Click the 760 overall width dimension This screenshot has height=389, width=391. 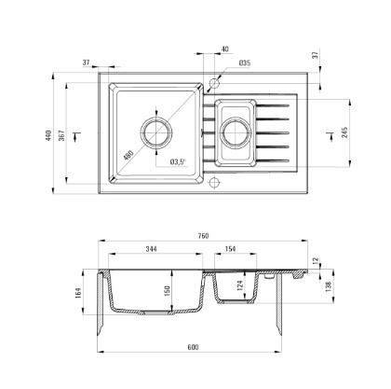[x=203, y=236]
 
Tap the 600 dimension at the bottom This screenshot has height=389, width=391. [x=193, y=347]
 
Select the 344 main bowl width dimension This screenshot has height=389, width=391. [x=151, y=249]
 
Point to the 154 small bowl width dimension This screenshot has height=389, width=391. [x=230, y=249]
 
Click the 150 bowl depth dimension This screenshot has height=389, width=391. [x=168, y=291]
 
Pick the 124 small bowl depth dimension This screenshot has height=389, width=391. [x=239, y=285]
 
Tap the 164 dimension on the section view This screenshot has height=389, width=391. [x=78, y=293]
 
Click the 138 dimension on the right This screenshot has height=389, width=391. [x=329, y=285]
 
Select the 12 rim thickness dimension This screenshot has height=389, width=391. [x=316, y=260]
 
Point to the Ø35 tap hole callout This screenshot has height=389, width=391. [x=245, y=63]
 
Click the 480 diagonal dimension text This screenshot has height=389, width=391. [x=128, y=155]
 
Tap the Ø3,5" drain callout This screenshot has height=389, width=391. [x=178, y=161]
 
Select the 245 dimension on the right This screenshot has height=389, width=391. [x=344, y=132]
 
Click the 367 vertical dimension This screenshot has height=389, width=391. [x=62, y=135]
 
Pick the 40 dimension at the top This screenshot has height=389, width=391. [x=225, y=49]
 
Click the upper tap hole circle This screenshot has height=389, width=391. [x=214, y=83]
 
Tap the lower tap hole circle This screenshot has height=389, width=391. [x=214, y=183]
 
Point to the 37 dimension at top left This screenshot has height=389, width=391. [x=87, y=63]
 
